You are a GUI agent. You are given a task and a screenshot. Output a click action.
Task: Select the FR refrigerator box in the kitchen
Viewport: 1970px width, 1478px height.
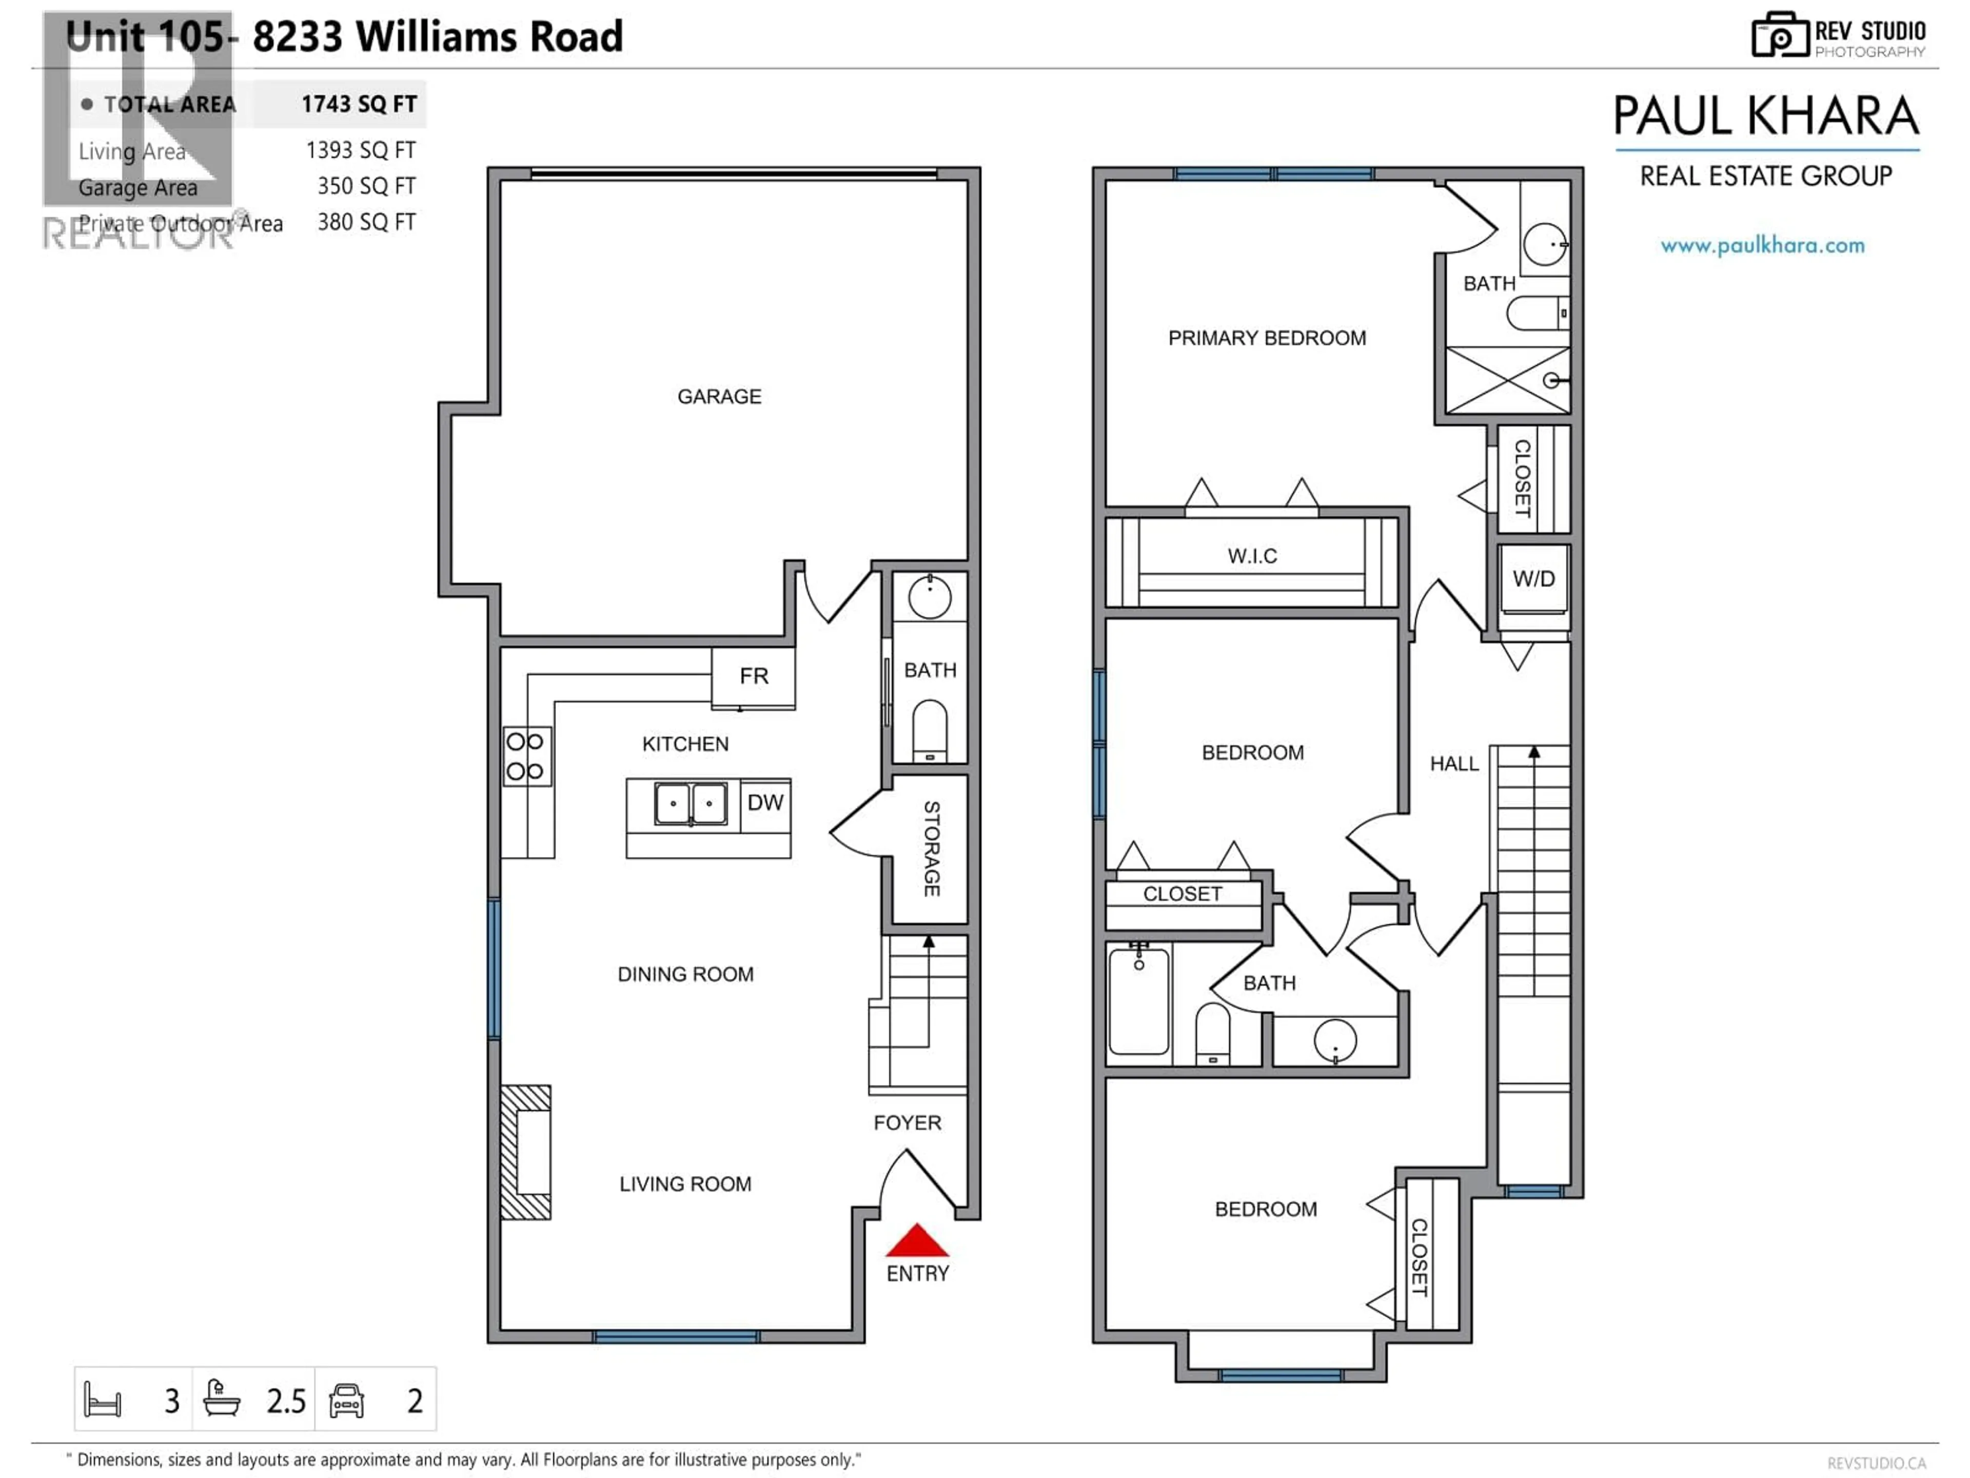(754, 677)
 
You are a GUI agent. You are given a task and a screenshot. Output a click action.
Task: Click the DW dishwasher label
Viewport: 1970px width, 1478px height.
(765, 803)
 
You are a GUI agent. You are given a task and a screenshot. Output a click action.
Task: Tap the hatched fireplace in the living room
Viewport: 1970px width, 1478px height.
(525, 1152)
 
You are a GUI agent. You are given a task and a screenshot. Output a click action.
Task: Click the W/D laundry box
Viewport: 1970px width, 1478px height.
(1533, 579)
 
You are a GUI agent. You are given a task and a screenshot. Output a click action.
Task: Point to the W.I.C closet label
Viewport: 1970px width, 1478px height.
(1252, 556)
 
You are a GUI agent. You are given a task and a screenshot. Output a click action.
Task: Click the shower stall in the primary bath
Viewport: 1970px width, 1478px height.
(1507, 380)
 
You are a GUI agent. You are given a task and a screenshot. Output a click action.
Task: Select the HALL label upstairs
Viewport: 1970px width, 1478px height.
(1453, 764)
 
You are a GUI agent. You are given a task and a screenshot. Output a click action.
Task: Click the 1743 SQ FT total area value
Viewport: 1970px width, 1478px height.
(359, 104)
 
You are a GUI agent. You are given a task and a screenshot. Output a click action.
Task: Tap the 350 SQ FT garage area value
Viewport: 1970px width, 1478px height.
(366, 186)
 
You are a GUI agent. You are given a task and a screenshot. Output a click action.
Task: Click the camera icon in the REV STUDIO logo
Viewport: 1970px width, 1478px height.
(1779, 35)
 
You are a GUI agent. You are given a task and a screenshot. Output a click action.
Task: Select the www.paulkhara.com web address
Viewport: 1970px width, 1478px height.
(1763, 245)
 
